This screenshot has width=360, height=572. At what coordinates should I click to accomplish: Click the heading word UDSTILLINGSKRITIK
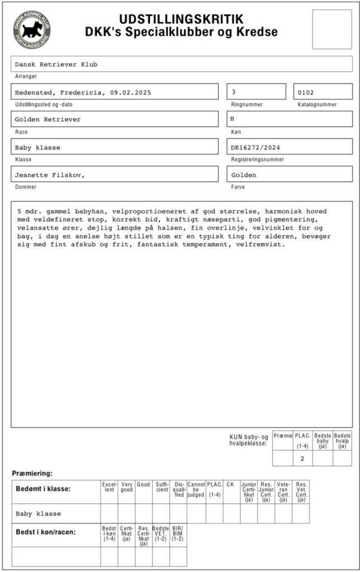(181, 19)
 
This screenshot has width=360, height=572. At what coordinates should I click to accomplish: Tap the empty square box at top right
(332, 29)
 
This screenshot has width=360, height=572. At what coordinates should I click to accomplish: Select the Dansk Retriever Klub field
(181, 64)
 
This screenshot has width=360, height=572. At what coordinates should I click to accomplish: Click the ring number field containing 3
(256, 92)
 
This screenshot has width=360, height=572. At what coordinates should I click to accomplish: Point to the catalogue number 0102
(323, 92)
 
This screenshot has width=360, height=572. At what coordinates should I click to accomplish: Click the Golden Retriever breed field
(114, 119)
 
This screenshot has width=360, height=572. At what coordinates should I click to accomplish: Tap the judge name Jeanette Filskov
(50, 174)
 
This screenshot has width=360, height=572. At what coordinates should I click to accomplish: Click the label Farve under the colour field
(237, 187)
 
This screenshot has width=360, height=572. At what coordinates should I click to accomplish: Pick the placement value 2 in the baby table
(302, 459)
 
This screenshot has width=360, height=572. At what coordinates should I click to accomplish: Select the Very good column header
(127, 487)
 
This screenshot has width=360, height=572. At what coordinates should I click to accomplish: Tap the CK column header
(231, 484)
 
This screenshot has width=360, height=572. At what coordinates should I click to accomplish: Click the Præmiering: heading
(32, 473)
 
